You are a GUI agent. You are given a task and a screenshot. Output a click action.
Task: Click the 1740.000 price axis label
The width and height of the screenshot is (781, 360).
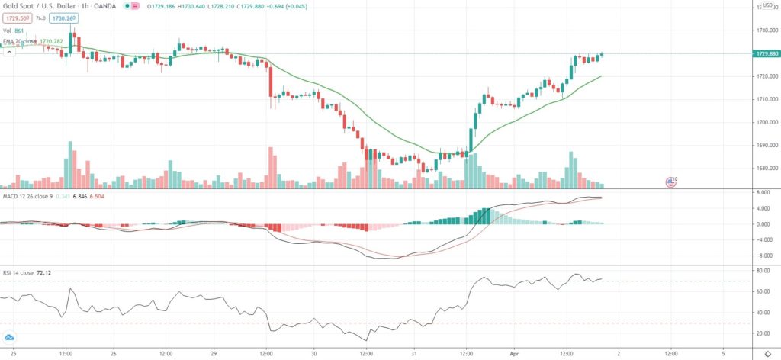tap(763, 31)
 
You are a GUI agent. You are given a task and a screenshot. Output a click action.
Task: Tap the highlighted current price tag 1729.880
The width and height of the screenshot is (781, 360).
tap(763, 54)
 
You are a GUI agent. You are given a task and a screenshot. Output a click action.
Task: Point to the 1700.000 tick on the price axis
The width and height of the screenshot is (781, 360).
tap(763, 122)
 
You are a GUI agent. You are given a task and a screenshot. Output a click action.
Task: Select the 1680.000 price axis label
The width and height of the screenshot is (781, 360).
tap(763, 168)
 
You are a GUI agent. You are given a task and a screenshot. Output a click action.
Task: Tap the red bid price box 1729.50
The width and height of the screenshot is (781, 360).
tap(16, 18)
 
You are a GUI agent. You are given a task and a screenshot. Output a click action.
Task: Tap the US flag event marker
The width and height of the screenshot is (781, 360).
tap(670, 182)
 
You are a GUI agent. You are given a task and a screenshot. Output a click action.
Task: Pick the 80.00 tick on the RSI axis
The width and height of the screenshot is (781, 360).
tap(763, 270)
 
